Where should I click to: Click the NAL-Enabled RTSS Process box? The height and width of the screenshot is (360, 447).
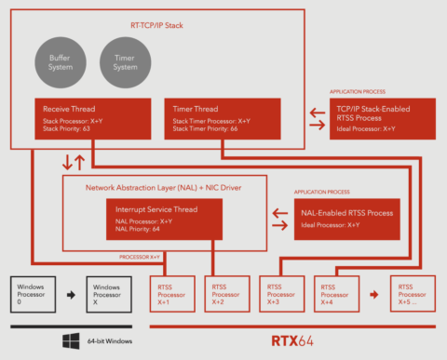coord(345,218)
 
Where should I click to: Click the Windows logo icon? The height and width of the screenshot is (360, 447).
coord(71,340)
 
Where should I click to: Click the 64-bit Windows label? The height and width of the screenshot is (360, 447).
coord(110,341)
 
